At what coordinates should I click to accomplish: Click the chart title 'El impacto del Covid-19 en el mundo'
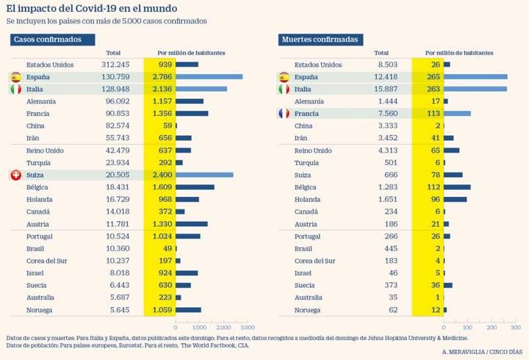(91, 8)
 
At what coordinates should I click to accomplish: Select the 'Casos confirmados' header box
(52, 39)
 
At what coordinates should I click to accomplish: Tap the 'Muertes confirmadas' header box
(321, 39)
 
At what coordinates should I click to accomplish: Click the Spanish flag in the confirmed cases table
(15, 76)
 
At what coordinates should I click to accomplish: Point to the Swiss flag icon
(15, 175)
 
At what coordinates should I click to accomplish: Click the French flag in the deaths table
(284, 113)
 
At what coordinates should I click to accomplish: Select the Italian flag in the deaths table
(284, 89)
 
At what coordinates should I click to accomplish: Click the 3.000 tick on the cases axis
(247, 327)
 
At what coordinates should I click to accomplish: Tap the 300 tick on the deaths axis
(514, 327)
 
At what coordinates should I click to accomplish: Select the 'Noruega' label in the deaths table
(308, 310)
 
